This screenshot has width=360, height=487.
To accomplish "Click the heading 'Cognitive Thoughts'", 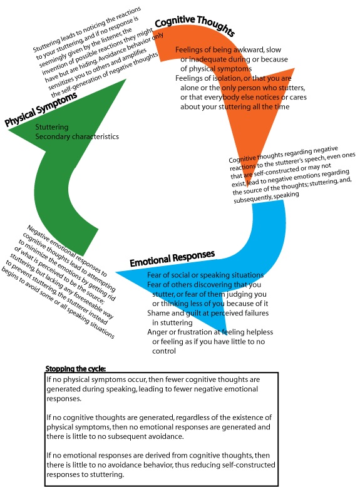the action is click(x=195, y=25).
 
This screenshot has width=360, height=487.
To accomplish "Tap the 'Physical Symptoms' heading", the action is click(x=41, y=109).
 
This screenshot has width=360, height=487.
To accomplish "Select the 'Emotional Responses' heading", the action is click(x=172, y=259).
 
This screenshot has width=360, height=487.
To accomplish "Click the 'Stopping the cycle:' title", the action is click(x=76, y=369).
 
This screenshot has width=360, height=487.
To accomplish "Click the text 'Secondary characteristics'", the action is click(x=77, y=136).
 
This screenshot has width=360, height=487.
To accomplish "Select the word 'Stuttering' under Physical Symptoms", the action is click(x=51, y=127).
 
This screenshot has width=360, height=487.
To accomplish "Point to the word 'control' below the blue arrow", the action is click(x=164, y=351).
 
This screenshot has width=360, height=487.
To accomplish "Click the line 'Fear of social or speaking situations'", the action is click(x=205, y=275).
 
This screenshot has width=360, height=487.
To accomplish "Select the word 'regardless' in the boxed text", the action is click(x=192, y=418).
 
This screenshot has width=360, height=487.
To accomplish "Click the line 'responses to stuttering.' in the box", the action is click(x=85, y=474).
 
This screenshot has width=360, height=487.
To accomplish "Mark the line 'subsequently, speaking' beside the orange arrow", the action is click(x=266, y=197).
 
